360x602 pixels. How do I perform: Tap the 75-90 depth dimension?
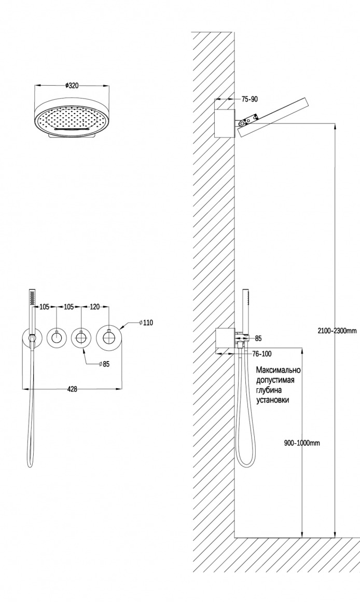(x=250, y=99)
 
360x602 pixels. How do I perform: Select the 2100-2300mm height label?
(x=337, y=330)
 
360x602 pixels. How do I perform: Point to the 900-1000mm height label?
(x=302, y=443)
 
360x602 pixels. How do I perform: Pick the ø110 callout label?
(x=146, y=323)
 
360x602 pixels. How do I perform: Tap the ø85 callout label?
(x=104, y=364)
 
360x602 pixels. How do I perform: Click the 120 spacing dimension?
(x=94, y=307)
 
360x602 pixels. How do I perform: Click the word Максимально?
(x=279, y=370)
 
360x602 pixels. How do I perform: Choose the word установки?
(x=272, y=400)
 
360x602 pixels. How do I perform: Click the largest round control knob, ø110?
(x=108, y=338)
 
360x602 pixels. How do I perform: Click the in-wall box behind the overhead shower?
(x=224, y=122)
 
